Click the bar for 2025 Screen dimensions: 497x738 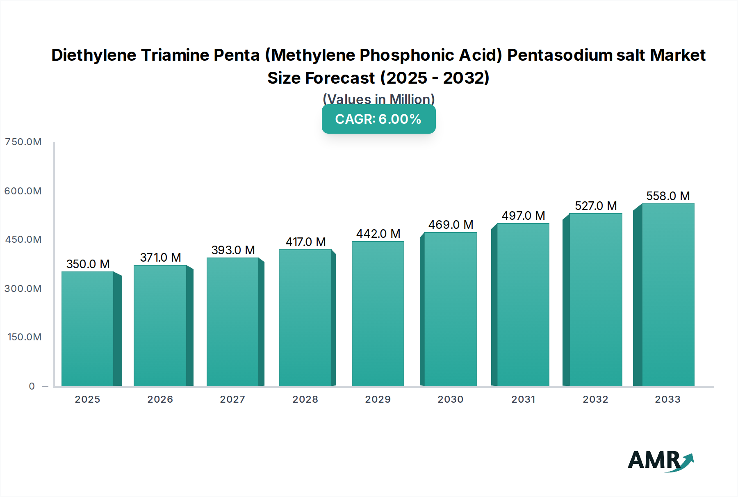click(88, 329)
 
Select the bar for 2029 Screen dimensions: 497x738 click(378, 314)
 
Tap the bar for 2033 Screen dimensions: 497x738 click(668, 295)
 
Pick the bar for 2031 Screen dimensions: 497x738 click(523, 305)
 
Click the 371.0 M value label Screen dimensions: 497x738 click(160, 258)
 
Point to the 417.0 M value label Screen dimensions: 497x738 click(305, 242)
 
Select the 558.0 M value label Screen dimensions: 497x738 click(668, 196)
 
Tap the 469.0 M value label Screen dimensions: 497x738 click(451, 225)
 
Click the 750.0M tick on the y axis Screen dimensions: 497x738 click(23, 142)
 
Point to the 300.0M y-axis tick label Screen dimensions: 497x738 click(23, 289)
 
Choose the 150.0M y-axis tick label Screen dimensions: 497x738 click(24, 337)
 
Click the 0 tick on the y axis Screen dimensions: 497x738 click(32, 386)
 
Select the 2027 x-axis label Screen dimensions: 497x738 click(232, 399)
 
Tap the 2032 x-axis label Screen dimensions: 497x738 click(595, 399)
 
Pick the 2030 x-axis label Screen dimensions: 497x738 click(450, 399)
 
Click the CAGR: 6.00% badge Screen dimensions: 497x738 click(378, 119)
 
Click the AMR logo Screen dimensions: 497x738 click(660, 460)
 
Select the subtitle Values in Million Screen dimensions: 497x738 click(378, 99)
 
